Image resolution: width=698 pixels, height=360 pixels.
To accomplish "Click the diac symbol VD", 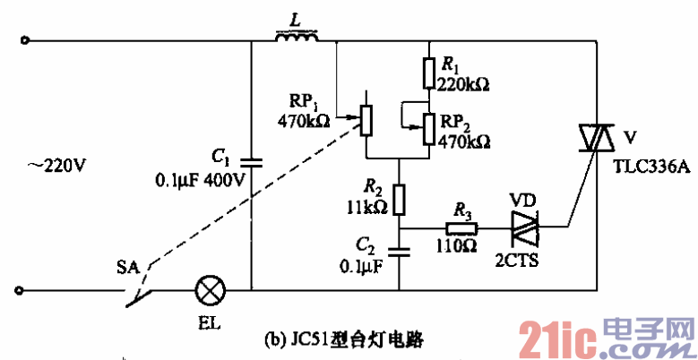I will pos(523,227).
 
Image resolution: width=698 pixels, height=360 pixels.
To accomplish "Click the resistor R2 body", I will pos(400,197).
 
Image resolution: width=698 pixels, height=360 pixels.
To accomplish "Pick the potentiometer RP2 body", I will pos(429,128).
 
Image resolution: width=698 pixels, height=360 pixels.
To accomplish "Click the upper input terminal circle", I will pos(24,40).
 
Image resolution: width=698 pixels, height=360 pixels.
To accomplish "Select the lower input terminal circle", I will pos(24,290).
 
